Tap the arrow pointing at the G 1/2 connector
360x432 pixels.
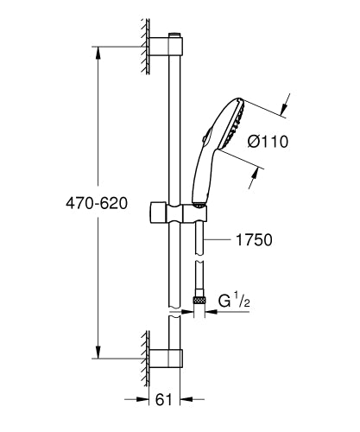tap(214, 303)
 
